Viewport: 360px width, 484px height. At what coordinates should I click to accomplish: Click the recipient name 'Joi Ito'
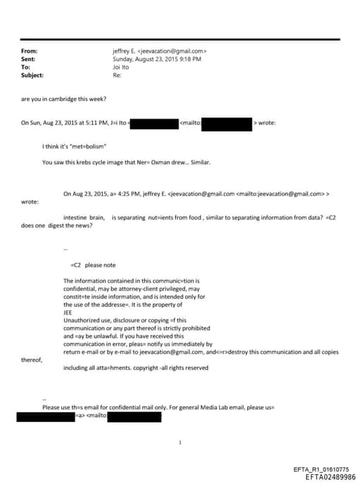point(122,67)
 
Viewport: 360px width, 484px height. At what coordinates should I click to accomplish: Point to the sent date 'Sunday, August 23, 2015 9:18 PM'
point(157,59)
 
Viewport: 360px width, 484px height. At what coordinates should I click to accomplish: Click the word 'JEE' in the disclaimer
point(68,312)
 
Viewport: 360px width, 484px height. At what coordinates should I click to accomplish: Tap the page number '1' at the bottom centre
point(181,442)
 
